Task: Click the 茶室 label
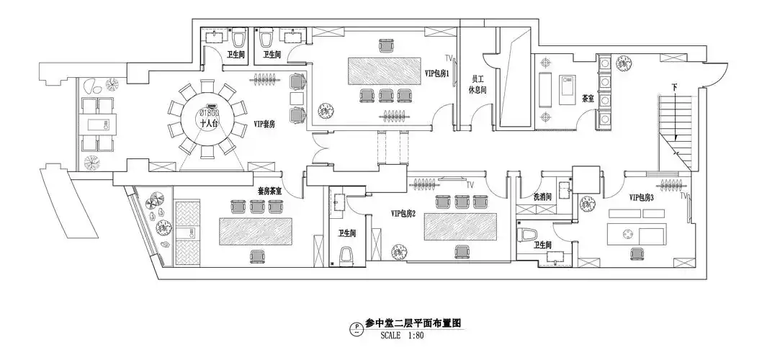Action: pyautogui.click(x=588, y=99)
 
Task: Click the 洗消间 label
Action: pyautogui.click(x=542, y=196)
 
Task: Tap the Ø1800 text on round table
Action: pyautogui.click(x=209, y=113)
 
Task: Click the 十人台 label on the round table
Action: pyautogui.click(x=209, y=123)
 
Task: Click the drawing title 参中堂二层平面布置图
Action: pyautogui.click(x=413, y=323)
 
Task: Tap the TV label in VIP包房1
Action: pyautogui.click(x=449, y=57)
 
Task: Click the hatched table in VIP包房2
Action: pyautogui.click(x=461, y=227)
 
